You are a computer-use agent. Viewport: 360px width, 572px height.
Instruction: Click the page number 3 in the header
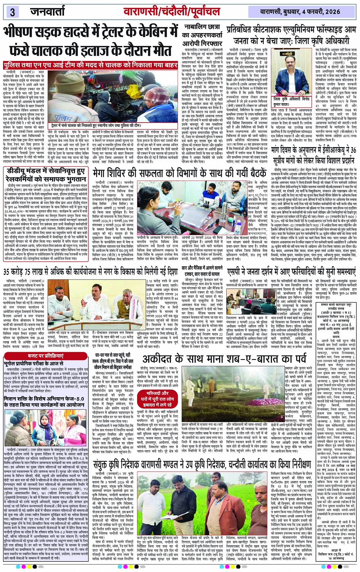click(12, 12)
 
